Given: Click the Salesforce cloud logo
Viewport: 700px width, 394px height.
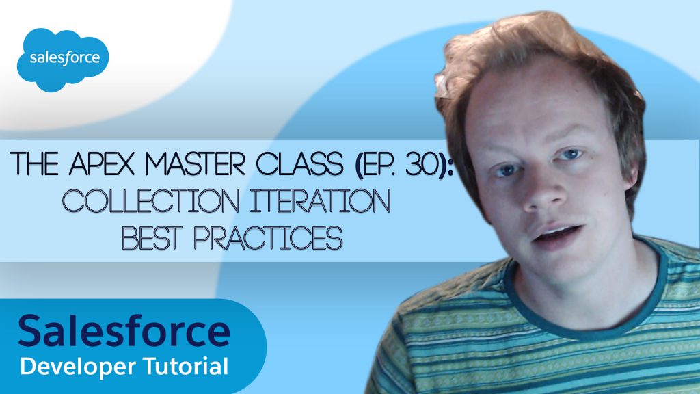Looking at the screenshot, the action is coord(63,60).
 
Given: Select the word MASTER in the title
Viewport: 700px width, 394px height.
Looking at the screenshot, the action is coord(196,163).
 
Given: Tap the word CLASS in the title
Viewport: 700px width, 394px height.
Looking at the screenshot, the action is coord(299,163).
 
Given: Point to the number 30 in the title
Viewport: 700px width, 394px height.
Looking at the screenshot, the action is coord(420,164).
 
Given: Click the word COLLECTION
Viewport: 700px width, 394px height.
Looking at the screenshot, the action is coord(150,201).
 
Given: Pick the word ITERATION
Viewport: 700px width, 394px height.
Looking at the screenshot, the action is coord(320,201).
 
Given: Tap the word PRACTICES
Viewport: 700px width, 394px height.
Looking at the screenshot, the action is coord(268,238).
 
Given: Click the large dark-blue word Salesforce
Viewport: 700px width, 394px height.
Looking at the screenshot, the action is coord(124,330).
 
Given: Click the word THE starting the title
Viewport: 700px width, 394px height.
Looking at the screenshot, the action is coord(35,163).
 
